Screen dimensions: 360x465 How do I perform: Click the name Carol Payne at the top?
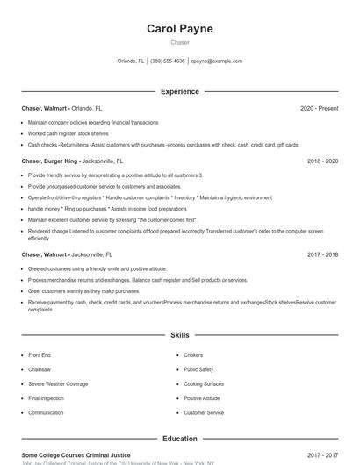(180, 29)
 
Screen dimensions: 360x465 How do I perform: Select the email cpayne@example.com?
(216, 61)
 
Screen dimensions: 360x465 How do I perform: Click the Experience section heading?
(180, 91)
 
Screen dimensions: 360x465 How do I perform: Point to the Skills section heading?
(180, 335)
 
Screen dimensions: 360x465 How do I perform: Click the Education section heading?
(180, 439)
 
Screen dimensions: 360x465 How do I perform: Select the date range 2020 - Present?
(319, 108)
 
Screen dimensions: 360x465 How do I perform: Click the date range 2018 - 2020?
(322, 161)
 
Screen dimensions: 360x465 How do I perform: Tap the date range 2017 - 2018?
(322, 254)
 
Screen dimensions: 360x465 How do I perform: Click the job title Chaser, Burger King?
(51, 161)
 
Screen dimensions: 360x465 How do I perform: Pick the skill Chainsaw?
(40, 369)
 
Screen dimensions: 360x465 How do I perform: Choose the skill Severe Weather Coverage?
(58, 384)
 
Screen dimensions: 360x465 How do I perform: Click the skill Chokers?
(193, 355)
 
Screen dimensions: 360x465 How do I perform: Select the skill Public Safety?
(198, 369)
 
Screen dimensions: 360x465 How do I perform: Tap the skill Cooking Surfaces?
(204, 384)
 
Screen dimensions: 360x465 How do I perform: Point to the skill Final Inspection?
(46, 398)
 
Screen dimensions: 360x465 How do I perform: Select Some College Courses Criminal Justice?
(76, 455)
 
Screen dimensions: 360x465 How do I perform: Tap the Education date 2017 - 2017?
(322, 455)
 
